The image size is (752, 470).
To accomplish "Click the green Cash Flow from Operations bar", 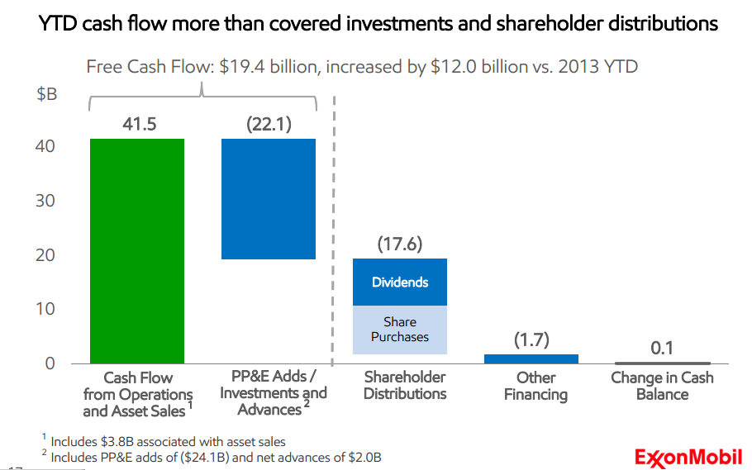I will [137, 250].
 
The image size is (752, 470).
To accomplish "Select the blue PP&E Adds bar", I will [268, 198].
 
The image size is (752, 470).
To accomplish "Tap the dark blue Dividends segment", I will [400, 282].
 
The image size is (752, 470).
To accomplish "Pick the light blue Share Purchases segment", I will [400, 330].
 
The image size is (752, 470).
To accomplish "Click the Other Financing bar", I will [531, 358].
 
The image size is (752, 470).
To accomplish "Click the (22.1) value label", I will [269, 125].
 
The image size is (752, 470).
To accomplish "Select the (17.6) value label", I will [400, 244].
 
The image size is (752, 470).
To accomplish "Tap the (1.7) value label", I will [531, 339].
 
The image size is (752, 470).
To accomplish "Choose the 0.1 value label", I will [661, 348].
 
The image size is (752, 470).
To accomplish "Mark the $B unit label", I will [47, 94].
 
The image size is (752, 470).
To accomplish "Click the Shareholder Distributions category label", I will [405, 386].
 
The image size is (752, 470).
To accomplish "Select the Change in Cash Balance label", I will [662, 386].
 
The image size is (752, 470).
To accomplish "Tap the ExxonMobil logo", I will [688, 456].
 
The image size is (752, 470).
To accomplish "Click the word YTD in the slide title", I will [59, 24].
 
